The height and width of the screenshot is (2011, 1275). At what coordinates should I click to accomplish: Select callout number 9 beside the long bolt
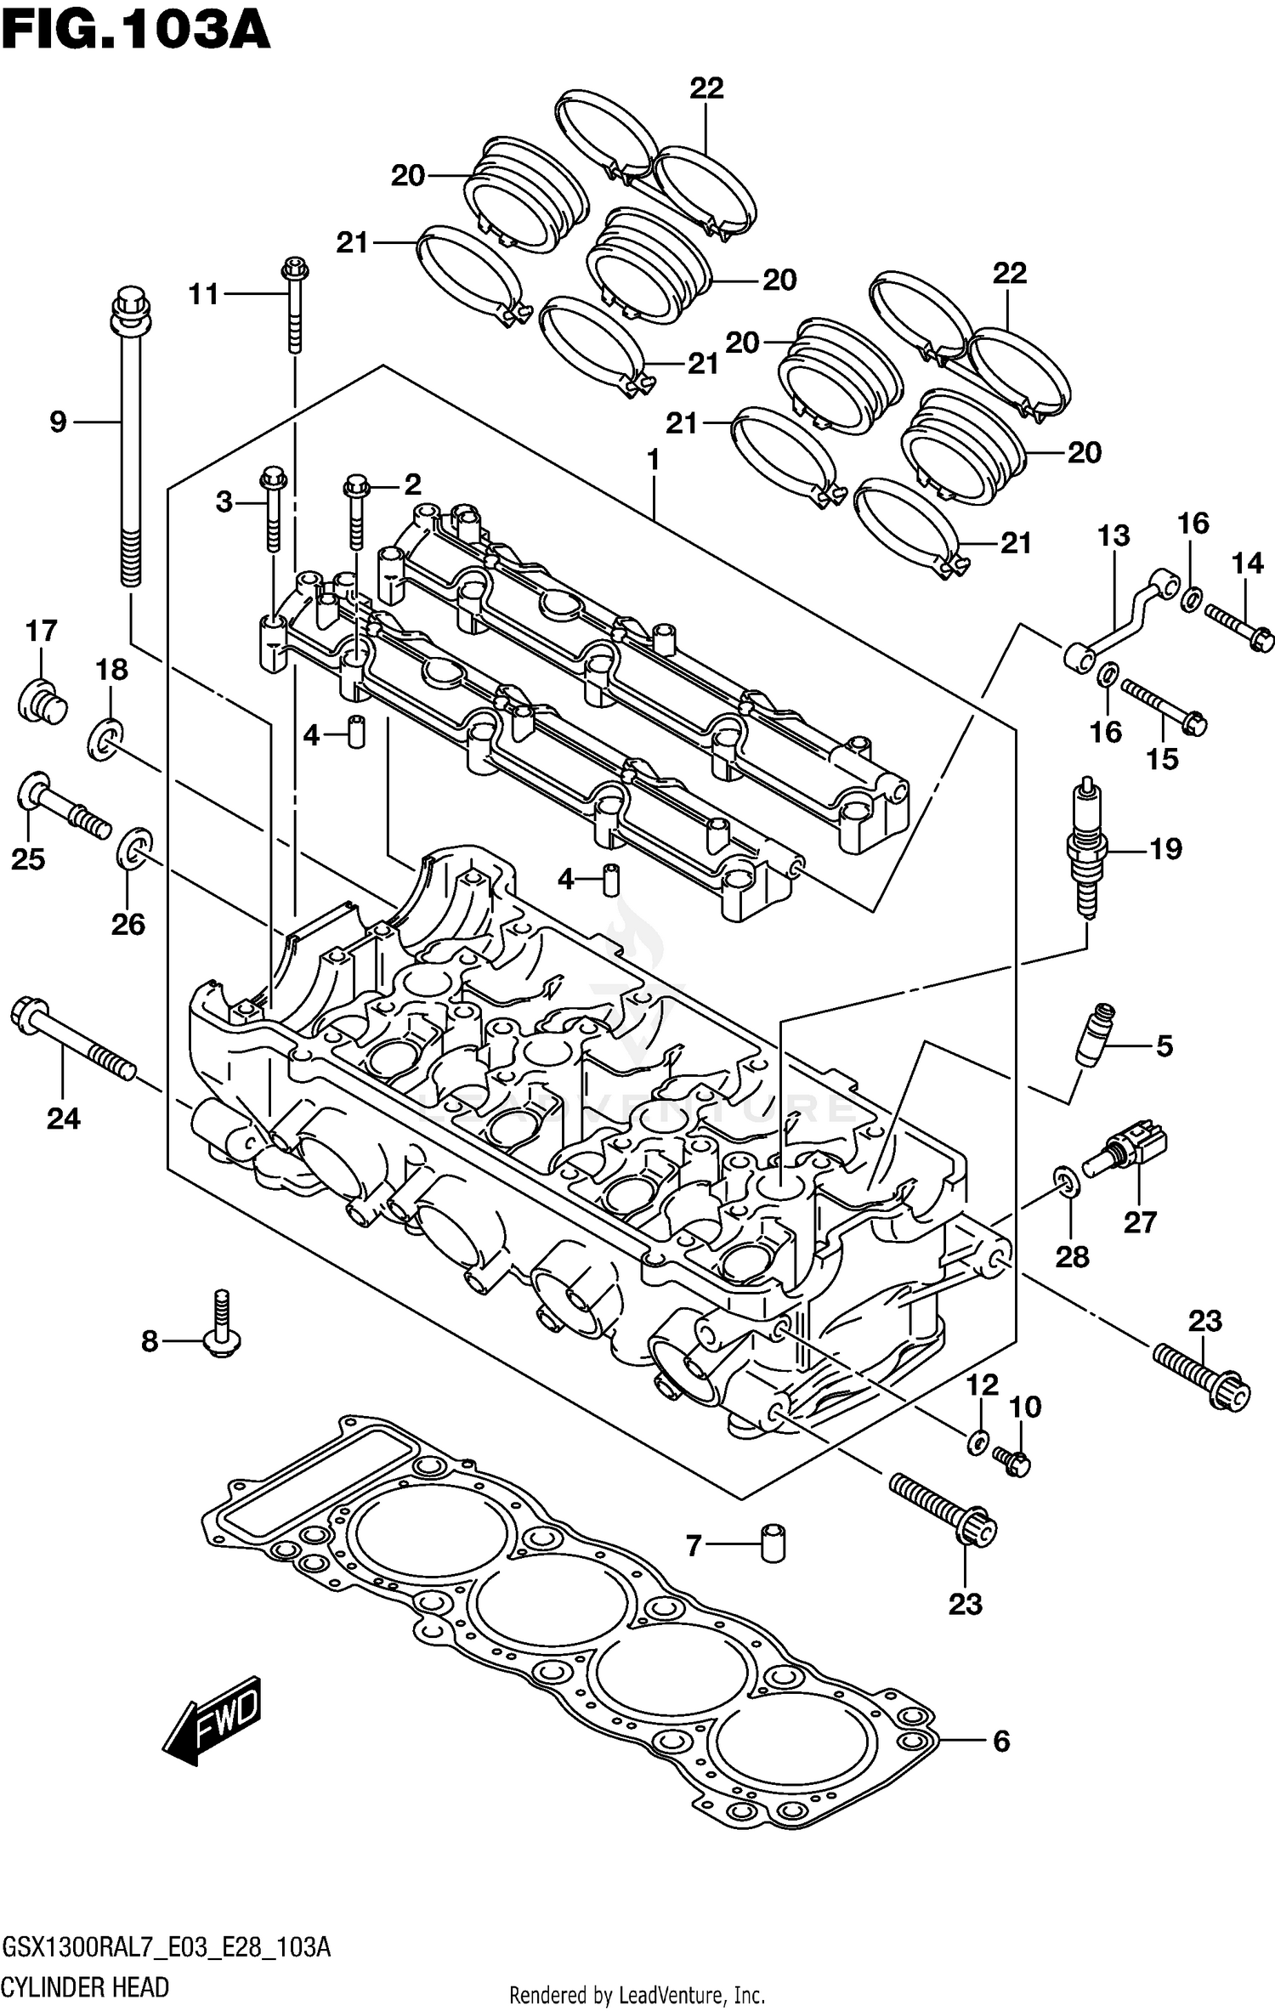click(x=58, y=421)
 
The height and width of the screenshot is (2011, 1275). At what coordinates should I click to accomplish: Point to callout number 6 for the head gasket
click(x=1001, y=1742)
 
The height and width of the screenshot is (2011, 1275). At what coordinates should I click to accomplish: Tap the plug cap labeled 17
click(x=42, y=701)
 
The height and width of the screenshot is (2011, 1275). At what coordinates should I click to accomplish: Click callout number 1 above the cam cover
click(x=653, y=461)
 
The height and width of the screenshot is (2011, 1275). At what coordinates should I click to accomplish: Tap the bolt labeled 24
click(x=72, y=1041)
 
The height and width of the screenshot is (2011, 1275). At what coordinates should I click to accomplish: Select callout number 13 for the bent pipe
click(x=1113, y=535)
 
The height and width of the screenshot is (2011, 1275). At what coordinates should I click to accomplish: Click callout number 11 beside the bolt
click(x=204, y=294)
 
